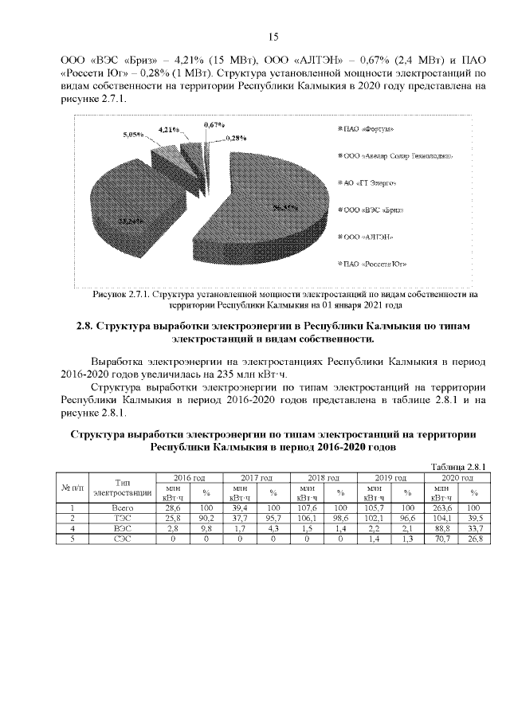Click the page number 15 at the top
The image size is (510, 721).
point(273,37)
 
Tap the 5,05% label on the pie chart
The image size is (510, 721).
point(132,135)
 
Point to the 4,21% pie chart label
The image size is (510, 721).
point(167,128)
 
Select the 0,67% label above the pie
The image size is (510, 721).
point(214,125)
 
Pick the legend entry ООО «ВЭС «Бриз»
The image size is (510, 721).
point(372,210)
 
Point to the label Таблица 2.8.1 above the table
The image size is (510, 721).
point(457,467)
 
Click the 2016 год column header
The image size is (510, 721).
point(190,476)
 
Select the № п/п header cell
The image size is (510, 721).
point(72,487)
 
